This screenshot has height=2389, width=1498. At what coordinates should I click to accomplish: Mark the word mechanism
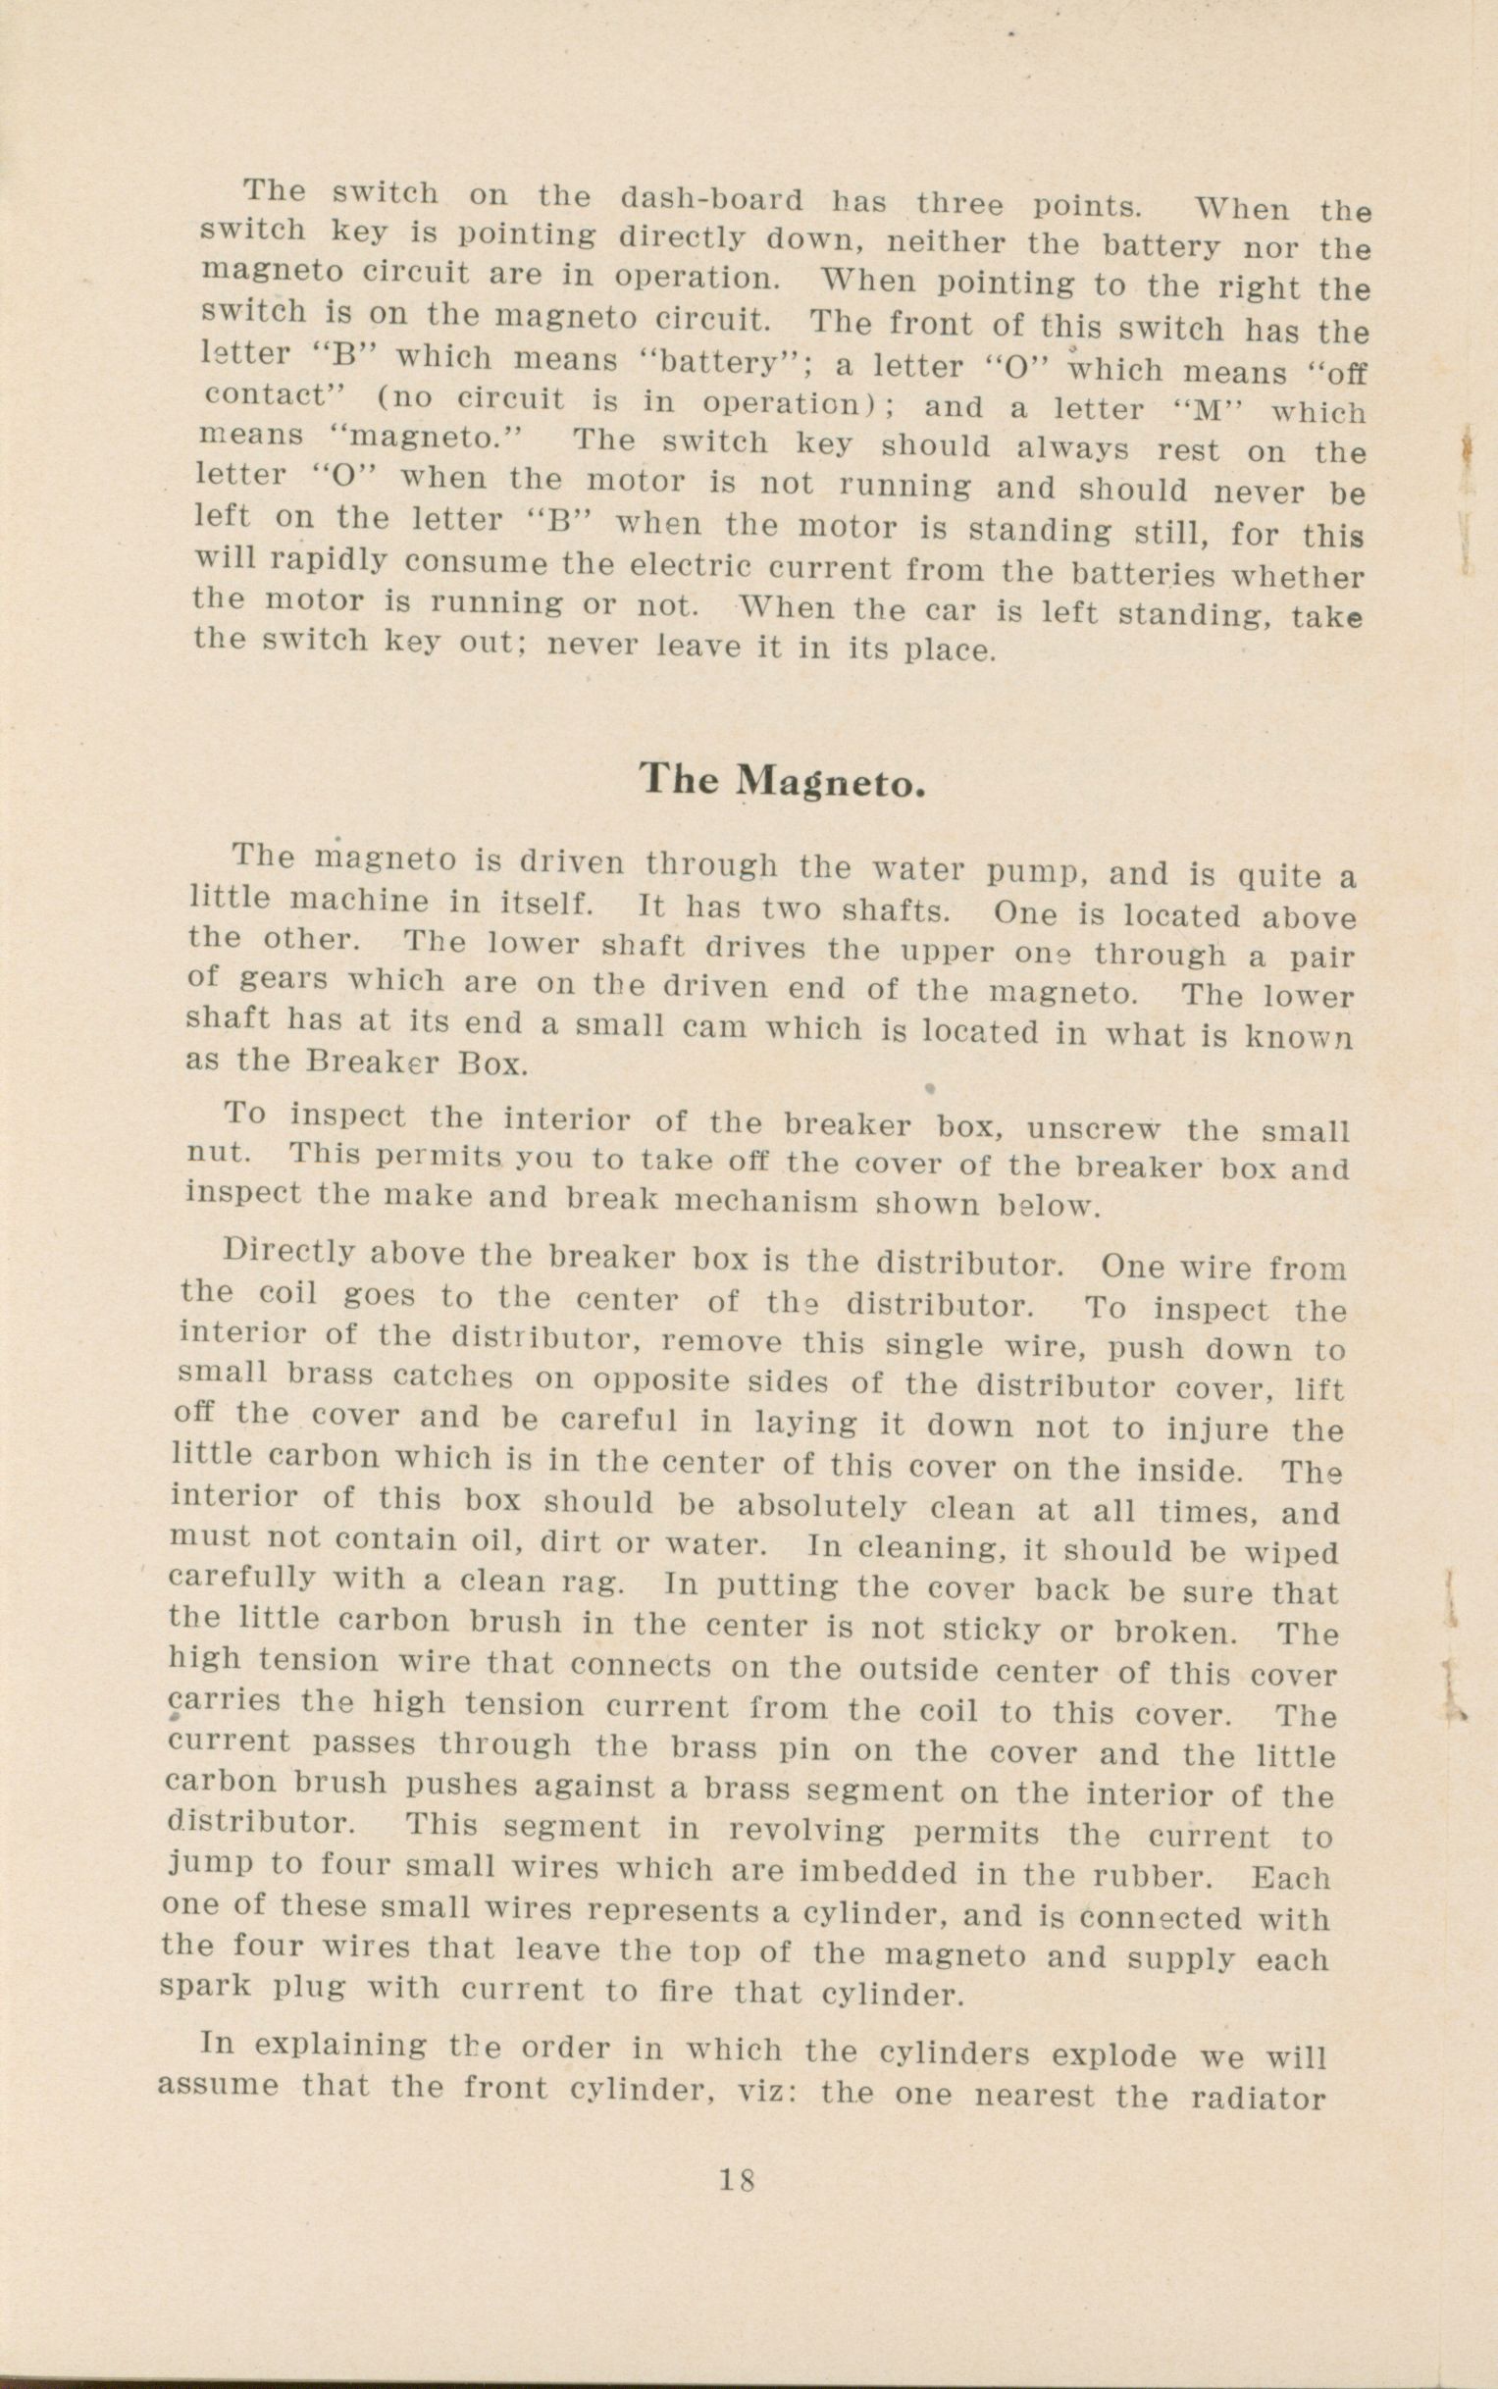point(773,1201)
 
